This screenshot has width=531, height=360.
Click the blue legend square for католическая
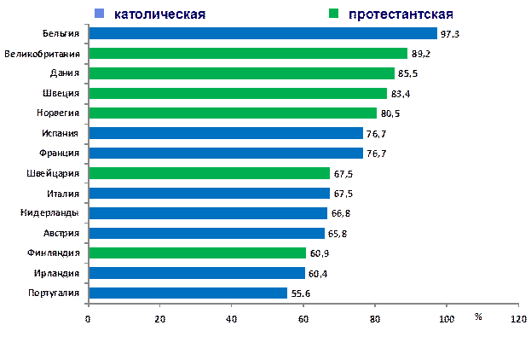[100, 14]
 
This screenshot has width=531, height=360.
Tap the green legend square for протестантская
[334, 14]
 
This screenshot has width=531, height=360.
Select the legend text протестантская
[401, 15]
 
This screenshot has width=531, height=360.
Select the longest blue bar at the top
[263, 33]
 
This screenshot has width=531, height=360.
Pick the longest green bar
[248, 53]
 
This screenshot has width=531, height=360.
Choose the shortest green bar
[197, 253]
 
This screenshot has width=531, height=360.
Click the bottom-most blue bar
[188, 293]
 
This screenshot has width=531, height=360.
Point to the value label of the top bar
[451, 34]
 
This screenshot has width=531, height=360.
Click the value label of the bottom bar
[300, 293]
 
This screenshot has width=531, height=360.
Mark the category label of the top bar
[64, 34]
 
